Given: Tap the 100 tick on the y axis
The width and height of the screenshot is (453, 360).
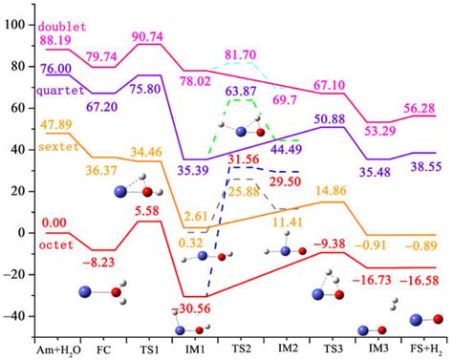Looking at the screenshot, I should pyautogui.click(x=18, y=23).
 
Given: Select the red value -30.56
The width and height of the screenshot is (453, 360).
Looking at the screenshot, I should pyautogui.click(x=192, y=310).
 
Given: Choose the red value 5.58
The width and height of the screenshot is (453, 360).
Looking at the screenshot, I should pyautogui.click(x=149, y=210).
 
